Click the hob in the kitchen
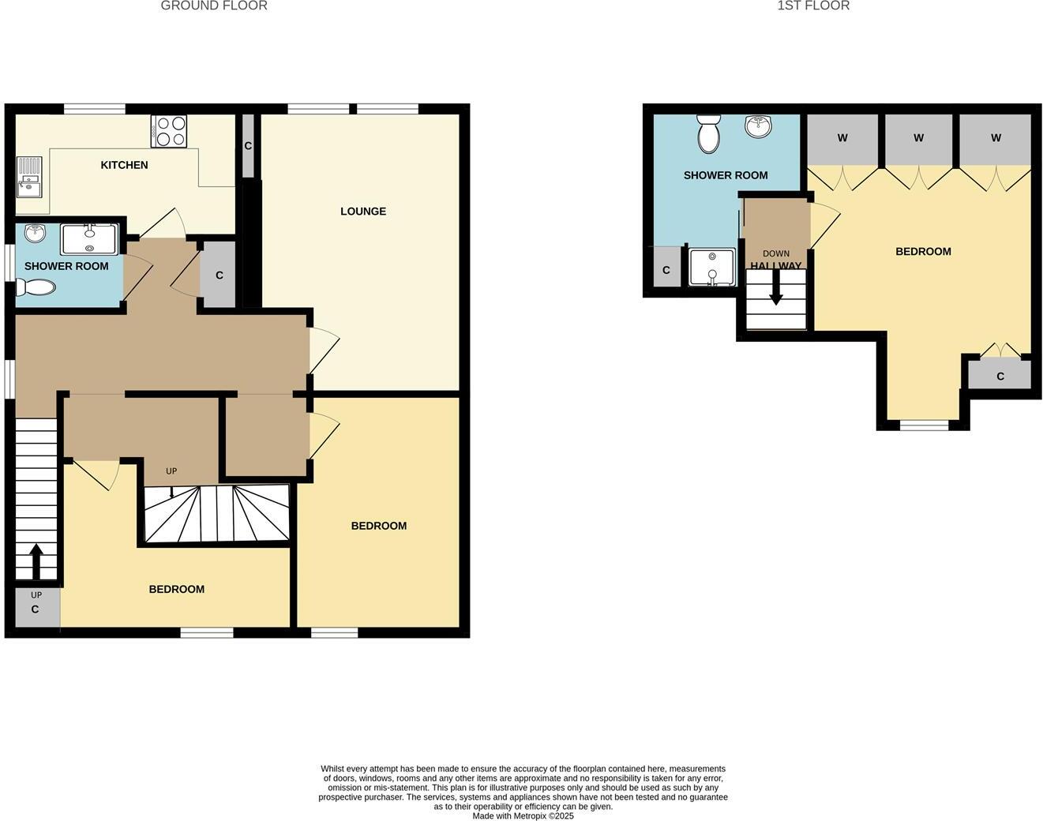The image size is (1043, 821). point(169,131)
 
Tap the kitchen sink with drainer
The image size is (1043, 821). point(29,178)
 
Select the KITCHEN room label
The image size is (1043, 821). point(124,165)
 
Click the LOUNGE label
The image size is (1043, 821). point(363,211)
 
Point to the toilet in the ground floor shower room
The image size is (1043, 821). point(36,287)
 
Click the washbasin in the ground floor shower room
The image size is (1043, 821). point(36,233)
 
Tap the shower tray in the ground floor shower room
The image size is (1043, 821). point(89,238)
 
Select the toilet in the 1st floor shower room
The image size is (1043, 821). point(709,133)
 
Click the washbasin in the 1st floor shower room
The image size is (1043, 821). point(758,126)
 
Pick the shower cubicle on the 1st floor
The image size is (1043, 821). point(712,267)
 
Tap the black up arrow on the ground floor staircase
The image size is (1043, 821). point(36,561)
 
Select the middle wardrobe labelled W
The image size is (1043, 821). point(918,138)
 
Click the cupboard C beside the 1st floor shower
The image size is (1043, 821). point(666,269)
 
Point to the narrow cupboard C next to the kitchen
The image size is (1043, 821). point(248,146)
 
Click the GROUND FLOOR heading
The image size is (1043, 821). point(214,6)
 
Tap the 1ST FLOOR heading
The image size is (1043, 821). point(813,6)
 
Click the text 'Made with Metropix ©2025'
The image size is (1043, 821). point(523,815)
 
